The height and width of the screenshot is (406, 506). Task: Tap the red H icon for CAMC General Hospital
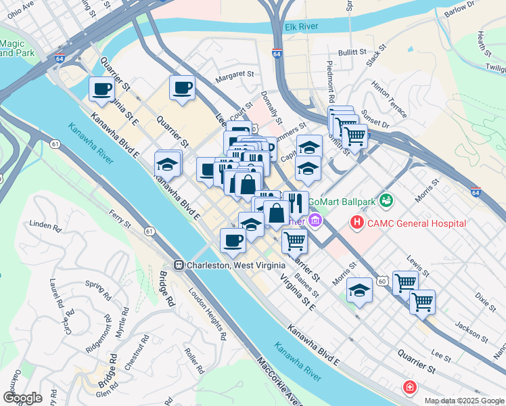357,223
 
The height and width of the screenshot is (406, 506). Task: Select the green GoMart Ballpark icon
386,200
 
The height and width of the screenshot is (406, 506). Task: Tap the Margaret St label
233,77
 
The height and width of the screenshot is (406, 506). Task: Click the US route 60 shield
383,280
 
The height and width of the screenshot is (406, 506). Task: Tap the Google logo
22,398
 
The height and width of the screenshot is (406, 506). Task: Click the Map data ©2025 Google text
463,401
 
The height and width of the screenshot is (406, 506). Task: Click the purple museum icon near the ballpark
315,221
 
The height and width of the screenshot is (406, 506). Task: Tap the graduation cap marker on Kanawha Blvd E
167,164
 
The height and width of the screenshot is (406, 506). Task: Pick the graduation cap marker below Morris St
359,291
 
